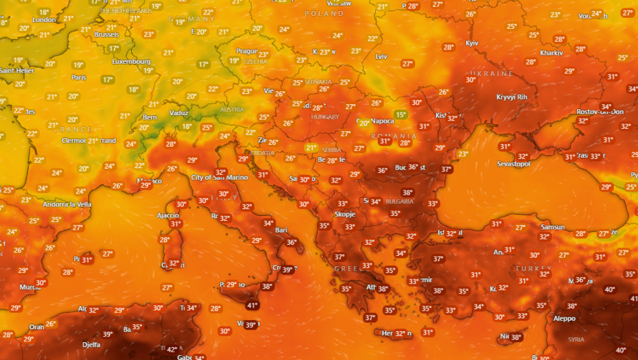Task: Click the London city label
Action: (x=44, y=19)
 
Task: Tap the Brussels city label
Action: (x=106, y=34)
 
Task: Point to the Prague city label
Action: (x=246, y=51)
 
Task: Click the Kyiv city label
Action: (x=471, y=43)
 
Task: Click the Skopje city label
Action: (x=344, y=214)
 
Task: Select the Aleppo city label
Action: (x=564, y=318)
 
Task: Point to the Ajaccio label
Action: (x=168, y=215)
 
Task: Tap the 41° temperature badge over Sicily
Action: (x=252, y=305)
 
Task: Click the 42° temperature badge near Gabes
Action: (x=172, y=350)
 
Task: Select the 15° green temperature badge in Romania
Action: (x=400, y=115)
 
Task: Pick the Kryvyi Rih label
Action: (x=512, y=97)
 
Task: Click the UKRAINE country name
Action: (x=491, y=73)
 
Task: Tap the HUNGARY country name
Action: (x=325, y=117)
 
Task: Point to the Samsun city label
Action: (x=552, y=227)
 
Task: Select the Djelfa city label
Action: (x=91, y=344)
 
